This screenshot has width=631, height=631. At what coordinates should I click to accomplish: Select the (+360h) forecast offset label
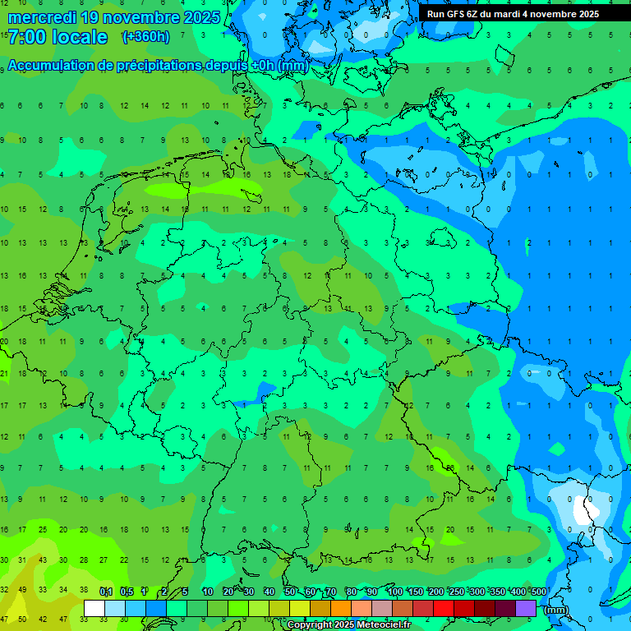[145, 37]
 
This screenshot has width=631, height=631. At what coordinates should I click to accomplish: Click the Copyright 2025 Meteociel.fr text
[348, 625]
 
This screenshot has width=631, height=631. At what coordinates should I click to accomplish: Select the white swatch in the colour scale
[94, 609]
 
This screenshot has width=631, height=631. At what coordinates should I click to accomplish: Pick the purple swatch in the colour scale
[526, 609]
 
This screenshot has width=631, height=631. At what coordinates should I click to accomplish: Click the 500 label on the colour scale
[538, 592]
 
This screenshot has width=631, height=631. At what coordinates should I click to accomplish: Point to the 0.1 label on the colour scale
[106, 592]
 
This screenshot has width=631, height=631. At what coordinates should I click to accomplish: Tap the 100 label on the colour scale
[394, 592]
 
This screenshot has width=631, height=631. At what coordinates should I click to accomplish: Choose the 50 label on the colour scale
[290, 592]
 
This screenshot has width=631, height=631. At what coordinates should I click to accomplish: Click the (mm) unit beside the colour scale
[555, 610]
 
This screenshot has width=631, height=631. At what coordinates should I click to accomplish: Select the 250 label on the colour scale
[456, 592]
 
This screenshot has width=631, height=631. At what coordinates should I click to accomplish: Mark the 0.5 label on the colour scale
[127, 592]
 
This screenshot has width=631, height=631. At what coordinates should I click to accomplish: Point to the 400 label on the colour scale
[518, 592]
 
